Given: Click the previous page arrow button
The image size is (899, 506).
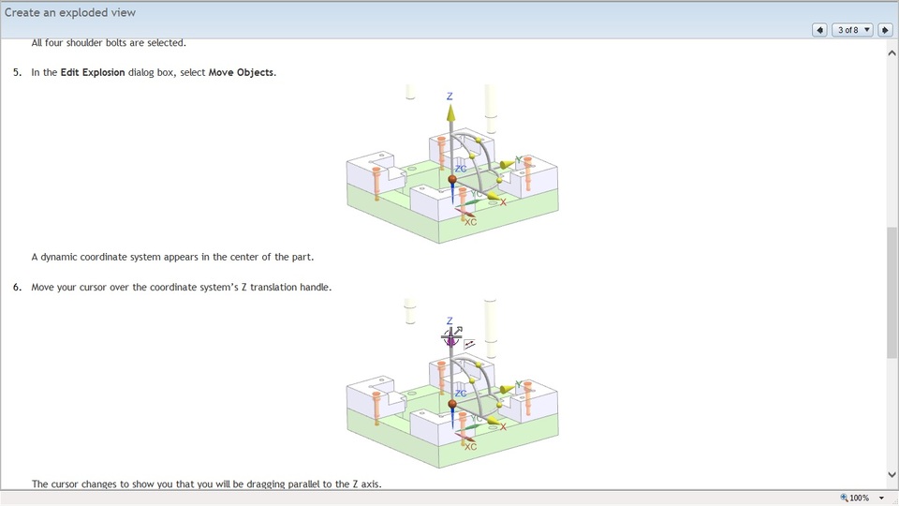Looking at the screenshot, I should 819,30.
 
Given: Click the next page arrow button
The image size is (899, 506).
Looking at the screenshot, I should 885,30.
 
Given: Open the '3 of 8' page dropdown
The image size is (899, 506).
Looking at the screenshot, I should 852,30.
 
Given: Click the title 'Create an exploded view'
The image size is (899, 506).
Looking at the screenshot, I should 70,12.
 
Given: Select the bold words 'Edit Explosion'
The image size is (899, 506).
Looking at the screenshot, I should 93,72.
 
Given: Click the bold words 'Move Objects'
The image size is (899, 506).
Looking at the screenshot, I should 242,72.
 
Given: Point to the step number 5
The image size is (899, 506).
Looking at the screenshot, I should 17,72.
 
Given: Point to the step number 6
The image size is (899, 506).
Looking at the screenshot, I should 17,287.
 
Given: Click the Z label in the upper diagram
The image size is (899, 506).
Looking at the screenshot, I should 449,97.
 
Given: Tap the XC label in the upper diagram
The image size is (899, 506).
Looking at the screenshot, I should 470,222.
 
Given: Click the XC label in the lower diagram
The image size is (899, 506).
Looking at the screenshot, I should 470,447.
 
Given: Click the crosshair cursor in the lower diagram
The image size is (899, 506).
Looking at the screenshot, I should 451,334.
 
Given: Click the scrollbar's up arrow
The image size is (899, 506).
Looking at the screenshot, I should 892,53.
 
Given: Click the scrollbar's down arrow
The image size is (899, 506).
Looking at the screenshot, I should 892,475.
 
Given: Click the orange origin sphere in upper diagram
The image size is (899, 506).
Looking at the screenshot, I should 452,179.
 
